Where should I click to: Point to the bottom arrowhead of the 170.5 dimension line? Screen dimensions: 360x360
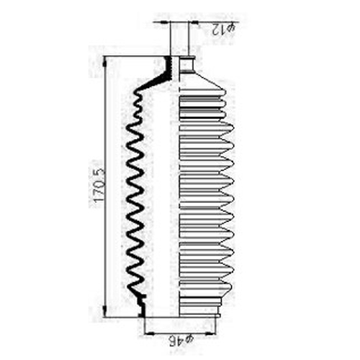(104, 312)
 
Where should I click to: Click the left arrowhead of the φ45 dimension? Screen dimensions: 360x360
(149, 333)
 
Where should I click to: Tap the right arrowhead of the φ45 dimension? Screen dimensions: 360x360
(211, 333)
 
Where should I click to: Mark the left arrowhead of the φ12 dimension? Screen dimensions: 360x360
(165, 22)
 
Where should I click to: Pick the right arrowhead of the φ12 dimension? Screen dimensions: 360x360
(193, 22)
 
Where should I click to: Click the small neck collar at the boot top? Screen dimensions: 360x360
(186, 64)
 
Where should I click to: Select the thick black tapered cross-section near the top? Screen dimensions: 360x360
(156, 73)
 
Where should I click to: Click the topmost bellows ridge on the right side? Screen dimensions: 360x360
(203, 92)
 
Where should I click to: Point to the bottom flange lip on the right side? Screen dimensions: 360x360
(199, 315)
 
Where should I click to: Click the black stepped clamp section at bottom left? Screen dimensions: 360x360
(142, 305)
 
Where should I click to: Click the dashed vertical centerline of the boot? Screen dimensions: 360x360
(179, 186)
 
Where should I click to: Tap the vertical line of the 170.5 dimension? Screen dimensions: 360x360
(104, 186)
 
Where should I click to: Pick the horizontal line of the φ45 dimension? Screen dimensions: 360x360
(180, 333)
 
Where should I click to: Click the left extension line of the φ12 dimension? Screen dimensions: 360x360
(170, 38)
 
